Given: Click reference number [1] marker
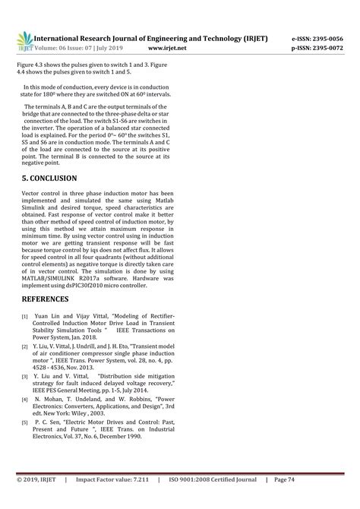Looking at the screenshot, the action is point(25,316).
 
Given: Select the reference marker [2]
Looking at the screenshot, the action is point(25,347).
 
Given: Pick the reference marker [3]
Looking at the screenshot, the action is point(25,377).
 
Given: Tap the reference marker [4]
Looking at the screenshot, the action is point(25,398).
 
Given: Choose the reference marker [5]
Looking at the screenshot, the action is point(25,420).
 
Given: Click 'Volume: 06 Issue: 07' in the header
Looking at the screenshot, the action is point(74,47).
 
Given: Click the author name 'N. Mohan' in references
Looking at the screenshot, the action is point(46,397).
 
